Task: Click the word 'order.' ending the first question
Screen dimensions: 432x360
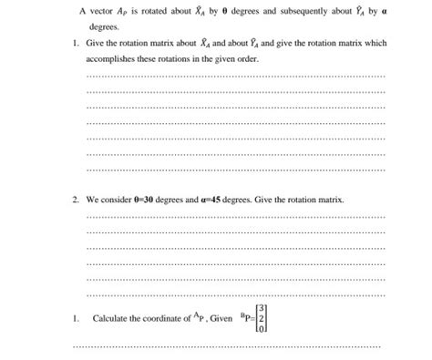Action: click(x=253, y=57)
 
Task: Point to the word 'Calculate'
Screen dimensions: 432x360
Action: click(x=112, y=318)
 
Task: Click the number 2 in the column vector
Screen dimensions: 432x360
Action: click(x=262, y=318)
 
